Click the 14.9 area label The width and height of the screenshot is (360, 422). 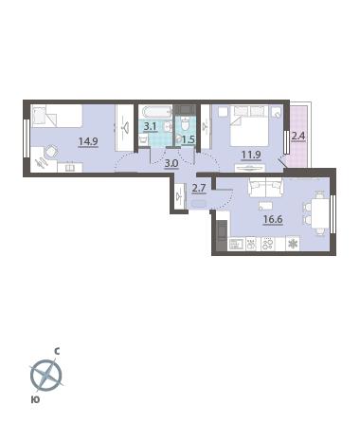88,141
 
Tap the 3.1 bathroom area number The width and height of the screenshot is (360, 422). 151,127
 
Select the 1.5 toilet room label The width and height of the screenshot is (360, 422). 189,139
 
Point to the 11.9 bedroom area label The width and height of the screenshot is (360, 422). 251,155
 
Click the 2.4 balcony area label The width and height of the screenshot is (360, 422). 298,136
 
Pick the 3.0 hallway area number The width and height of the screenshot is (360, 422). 171,163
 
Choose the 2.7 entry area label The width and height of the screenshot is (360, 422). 199,188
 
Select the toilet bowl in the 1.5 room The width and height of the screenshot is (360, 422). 186,124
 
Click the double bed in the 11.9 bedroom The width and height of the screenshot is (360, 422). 250,126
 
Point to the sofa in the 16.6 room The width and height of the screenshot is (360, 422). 266,187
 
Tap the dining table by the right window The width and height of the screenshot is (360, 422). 320,213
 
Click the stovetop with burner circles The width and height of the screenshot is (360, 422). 268,244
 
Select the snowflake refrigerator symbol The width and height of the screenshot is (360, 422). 293,244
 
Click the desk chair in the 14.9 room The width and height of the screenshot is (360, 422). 50,152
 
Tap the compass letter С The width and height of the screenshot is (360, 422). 57,351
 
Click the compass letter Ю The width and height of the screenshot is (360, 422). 35,399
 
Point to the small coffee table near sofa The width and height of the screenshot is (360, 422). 265,206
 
